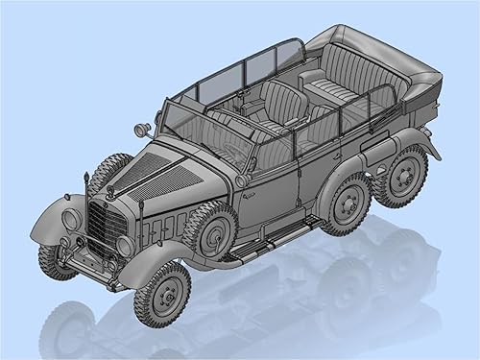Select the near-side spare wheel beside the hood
pos(210,232)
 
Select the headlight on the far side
pos(71,219)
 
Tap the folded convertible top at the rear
pos(384,58)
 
